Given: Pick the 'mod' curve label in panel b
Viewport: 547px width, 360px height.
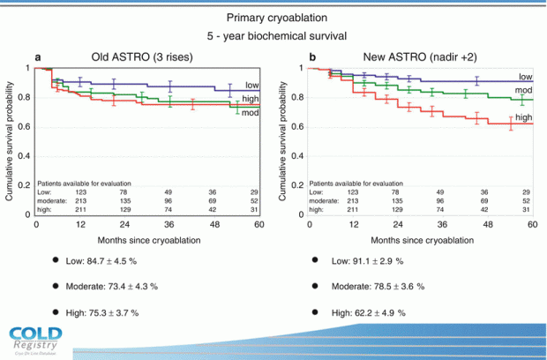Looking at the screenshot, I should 523,91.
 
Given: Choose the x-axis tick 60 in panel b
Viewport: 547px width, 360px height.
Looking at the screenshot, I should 532,225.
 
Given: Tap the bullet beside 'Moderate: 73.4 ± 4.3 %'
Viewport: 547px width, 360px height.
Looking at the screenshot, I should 56,286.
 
